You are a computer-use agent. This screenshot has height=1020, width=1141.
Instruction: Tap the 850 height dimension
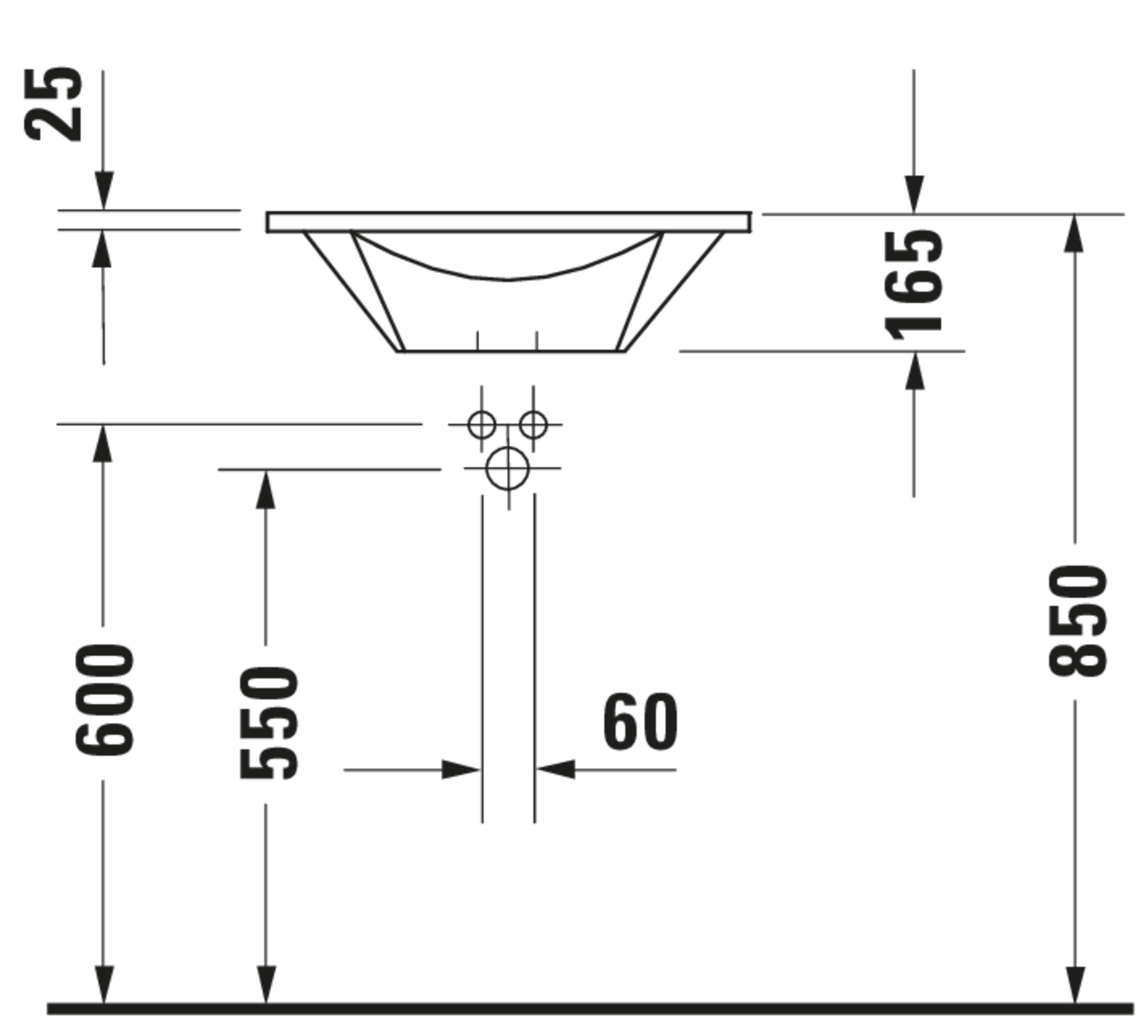[x=1077, y=621]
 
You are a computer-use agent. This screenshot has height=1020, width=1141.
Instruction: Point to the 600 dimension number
[x=105, y=701]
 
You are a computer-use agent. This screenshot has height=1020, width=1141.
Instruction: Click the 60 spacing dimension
[x=640, y=721]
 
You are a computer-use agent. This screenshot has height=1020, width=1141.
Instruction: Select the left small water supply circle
[x=482, y=425]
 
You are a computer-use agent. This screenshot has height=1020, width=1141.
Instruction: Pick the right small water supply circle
[x=533, y=425]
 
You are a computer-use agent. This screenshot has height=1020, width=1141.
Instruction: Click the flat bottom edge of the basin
[x=510, y=351]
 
